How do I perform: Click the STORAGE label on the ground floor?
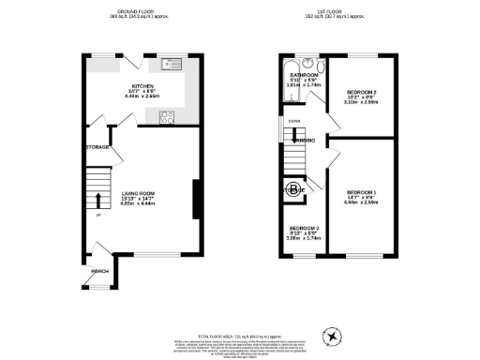pos(97,147)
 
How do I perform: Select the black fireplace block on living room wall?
pos(195,197)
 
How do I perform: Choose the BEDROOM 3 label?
pos(304,229)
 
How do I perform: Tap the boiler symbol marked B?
pos(294,189)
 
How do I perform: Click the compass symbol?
pos(331,336)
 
